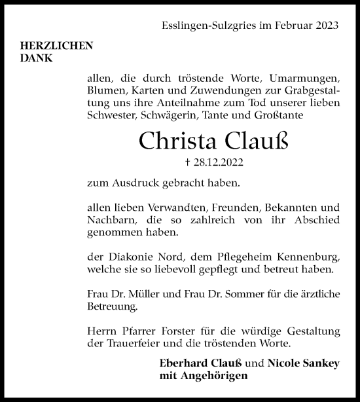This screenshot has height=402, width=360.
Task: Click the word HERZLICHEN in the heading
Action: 57,46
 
